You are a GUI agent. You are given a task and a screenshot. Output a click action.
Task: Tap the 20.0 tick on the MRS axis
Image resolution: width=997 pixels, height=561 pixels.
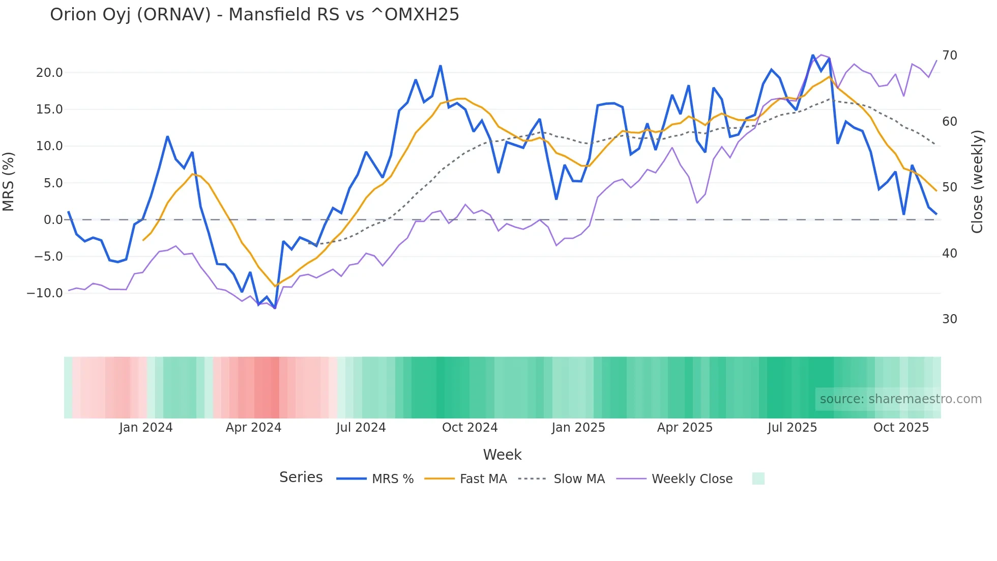coord(49,73)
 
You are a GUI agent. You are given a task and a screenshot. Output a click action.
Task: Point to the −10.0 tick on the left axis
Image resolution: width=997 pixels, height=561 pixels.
coord(45,293)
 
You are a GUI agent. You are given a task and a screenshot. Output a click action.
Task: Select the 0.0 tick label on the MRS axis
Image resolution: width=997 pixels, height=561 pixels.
coord(53,220)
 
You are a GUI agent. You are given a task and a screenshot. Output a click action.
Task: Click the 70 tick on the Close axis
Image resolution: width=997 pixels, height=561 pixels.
coord(950,55)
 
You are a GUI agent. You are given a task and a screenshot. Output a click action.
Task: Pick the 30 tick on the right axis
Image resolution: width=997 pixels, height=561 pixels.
coord(950,319)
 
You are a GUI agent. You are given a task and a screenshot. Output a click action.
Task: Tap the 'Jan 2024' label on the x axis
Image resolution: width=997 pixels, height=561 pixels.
coord(146,428)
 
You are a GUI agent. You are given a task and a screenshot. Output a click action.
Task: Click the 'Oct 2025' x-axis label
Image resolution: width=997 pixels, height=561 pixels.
coord(901,428)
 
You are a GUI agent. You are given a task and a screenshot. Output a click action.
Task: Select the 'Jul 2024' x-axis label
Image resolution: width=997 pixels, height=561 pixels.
coord(361,428)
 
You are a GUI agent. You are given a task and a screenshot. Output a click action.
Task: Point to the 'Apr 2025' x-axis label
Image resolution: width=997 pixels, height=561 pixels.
coord(685,428)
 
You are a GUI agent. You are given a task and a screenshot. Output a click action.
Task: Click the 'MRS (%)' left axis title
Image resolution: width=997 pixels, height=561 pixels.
coord(9,181)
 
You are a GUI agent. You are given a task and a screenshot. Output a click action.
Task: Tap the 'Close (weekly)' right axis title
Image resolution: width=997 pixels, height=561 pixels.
coord(977,182)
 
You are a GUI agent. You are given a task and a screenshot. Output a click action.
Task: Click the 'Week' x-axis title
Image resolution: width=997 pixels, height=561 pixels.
coord(502,455)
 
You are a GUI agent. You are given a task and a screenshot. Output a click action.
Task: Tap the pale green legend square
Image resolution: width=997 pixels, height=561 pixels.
coord(758,479)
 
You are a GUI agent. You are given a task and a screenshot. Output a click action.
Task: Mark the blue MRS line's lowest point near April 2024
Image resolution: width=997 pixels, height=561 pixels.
coord(275,308)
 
